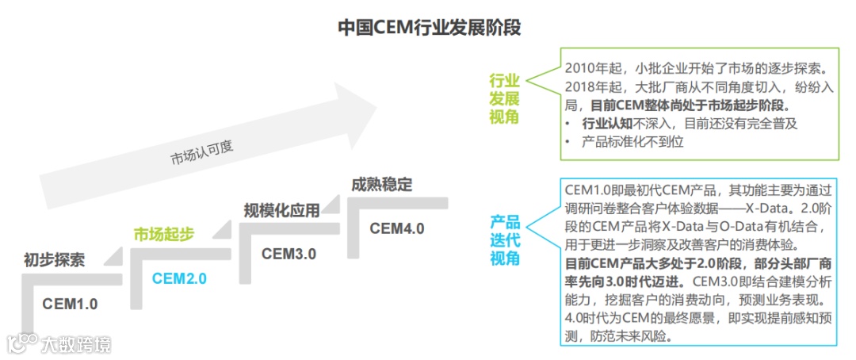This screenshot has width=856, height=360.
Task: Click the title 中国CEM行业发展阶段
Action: (x=429, y=28)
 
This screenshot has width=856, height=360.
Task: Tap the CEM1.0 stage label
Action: (x=70, y=303)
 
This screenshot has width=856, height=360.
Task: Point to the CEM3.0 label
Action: (x=289, y=254)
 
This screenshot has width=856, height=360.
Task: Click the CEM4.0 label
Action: (x=397, y=228)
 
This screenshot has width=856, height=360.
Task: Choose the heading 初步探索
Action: (x=54, y=259)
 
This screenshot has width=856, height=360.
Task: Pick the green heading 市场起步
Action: (x=163, y=234)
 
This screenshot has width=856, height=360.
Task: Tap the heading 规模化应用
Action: (x=282, y=210)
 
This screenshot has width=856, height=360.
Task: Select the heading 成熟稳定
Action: (x=382, y=186)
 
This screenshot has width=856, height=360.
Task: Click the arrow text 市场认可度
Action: (x=202, y=151)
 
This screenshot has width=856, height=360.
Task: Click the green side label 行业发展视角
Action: (x=504, y=99)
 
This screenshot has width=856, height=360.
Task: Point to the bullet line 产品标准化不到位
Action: (x=632, y=143)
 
